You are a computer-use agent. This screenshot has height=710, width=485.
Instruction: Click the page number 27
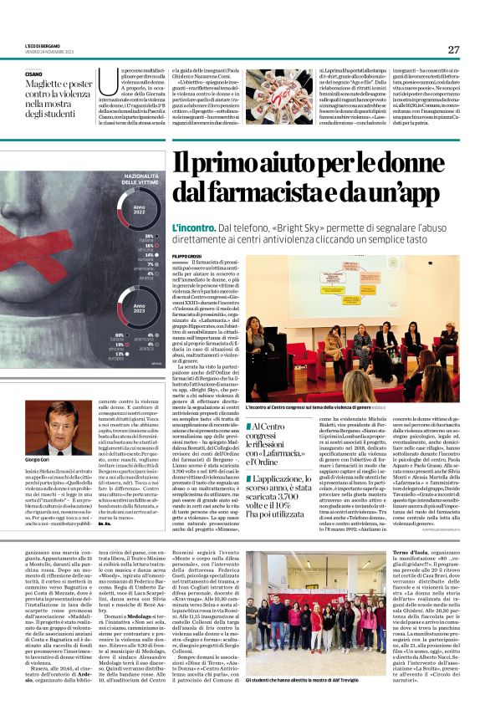(x=453, y=49)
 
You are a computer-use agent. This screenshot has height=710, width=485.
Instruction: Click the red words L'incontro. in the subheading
(x=191, y=229)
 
